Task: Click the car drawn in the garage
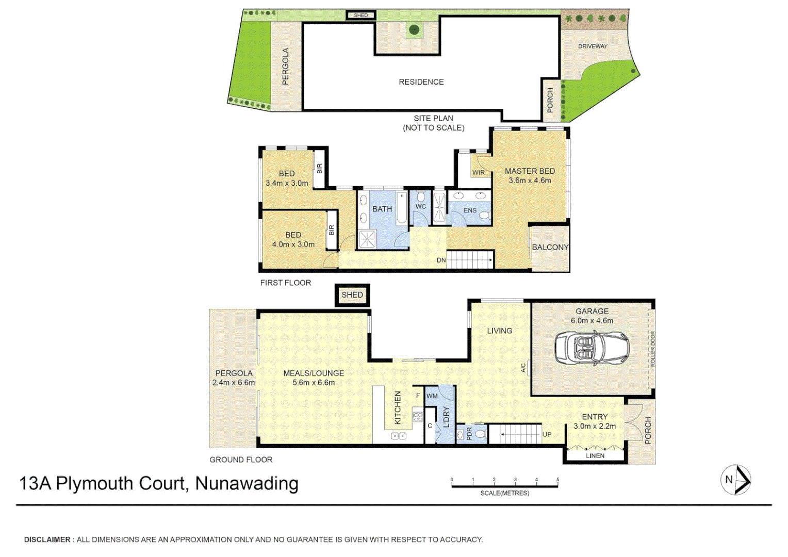(x=592, y=348)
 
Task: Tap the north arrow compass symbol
(x=735, y=480)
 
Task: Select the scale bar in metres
(x=504, y=485)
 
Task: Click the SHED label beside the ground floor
(x=352, y=295)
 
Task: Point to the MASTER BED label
(x=530, y=171)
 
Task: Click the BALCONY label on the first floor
(x=550, y=248)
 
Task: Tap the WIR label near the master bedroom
(x=479, y=173)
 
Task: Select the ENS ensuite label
(x=470, y=210)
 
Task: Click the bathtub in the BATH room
(x=402, y=208)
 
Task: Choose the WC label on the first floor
(x=421, y=206)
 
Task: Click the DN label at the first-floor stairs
(x=441, y=260)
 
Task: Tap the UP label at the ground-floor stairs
(x=547, y=434)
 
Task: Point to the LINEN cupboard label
(x=595, y=456)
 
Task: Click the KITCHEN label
(x=398, y=407)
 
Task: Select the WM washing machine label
(x=432, y=396)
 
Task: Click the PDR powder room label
(x=469, y=434)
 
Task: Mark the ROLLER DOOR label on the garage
(x=652, y=349)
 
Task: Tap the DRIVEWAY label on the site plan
(x=593, y=46)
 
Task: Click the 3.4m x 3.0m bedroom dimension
(x=287, y=183)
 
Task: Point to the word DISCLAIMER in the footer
(x=47, y=539)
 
